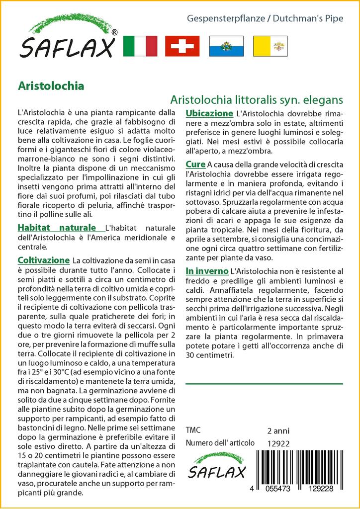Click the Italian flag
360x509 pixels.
click(x=139, y=46)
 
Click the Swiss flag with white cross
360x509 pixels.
click(x=182, y=46)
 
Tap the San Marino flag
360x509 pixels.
click(x=226, y=46)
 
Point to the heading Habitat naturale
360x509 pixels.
click(x=57, y=228)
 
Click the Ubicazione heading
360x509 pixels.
click(x=209, y=113)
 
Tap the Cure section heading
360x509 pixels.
click(x=195, y=164)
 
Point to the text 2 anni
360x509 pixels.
click(x=278, y=430)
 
